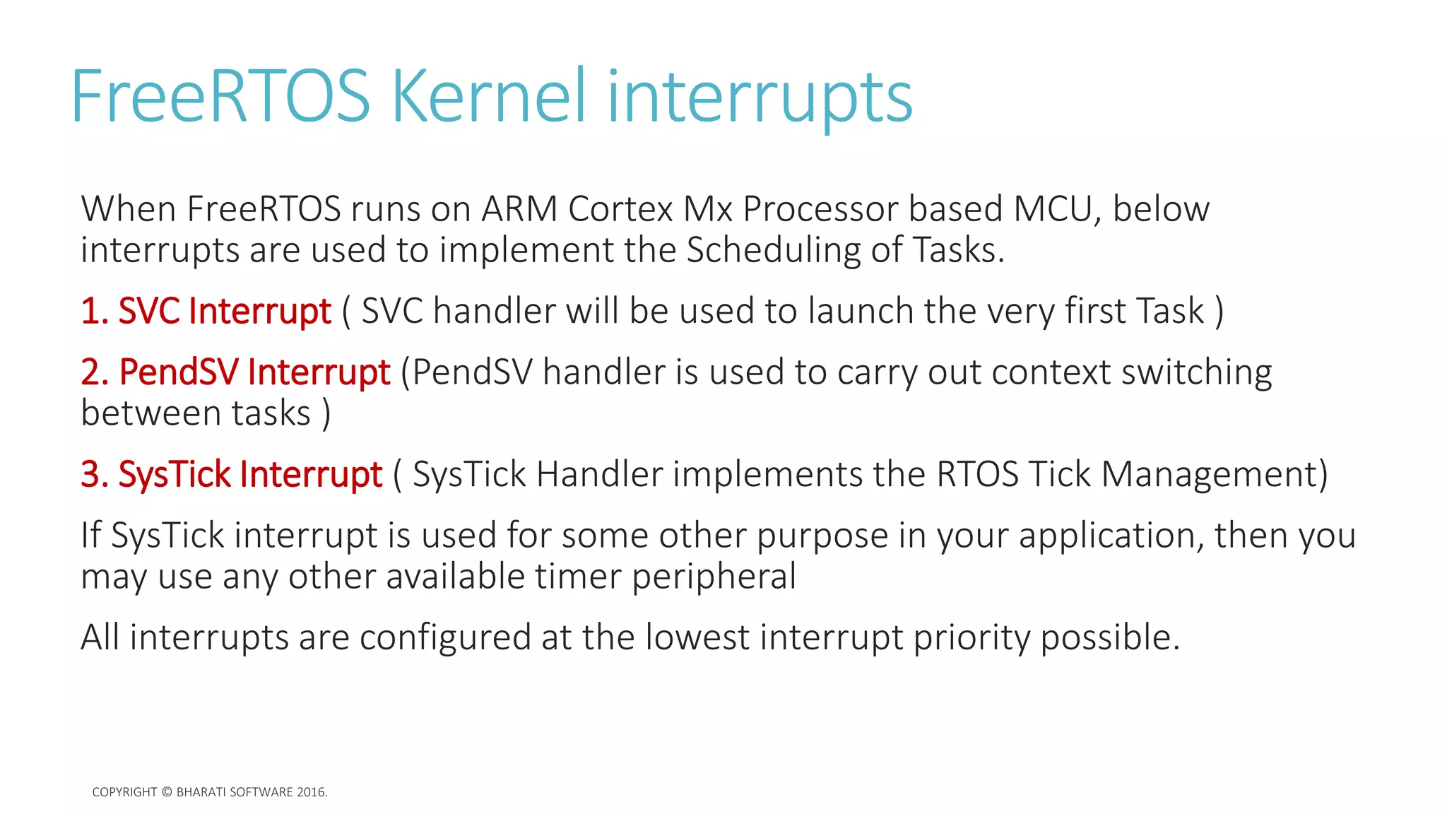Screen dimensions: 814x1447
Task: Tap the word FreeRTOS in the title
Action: click(220, 96)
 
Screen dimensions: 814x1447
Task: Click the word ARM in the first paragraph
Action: click(519, 209)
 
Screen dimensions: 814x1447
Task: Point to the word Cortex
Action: click(620, 209)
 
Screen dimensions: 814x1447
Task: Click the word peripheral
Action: click(714, 577)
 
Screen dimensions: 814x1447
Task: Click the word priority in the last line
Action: click(971, 639)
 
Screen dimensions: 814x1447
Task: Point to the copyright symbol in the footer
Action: click(167, 792)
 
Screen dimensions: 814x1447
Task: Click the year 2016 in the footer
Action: click(311, 792)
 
